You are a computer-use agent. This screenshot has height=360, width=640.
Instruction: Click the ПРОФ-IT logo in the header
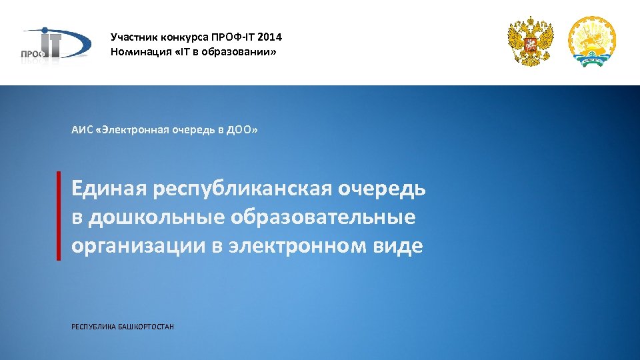[53, 44]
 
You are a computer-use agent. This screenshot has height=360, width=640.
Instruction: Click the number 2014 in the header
[269, 37]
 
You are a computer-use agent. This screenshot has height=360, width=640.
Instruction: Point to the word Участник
[132, 37]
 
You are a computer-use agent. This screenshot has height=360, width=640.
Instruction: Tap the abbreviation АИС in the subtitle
[81, 129]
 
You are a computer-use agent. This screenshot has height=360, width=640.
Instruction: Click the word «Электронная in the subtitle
[132, 129]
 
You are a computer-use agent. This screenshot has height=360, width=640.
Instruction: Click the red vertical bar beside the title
[59, 215]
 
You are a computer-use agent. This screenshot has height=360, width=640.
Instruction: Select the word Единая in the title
[109, 189]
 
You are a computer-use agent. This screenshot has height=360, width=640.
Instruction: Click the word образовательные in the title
[323, 217]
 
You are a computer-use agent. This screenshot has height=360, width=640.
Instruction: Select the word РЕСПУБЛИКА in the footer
[93, 327]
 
